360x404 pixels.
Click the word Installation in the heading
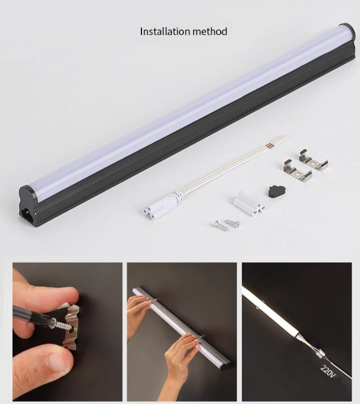pyautogui.click(x=164, y=31)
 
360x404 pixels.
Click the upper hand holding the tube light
pyautogui.click(x=139, y=309)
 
